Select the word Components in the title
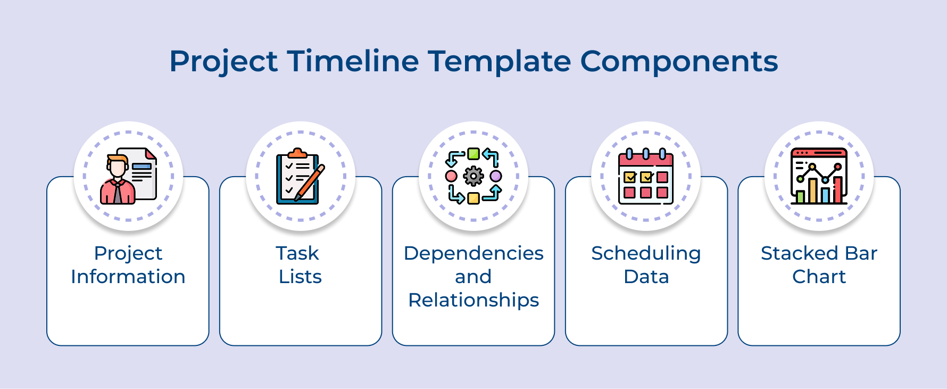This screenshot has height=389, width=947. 679,61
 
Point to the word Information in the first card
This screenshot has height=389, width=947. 128,277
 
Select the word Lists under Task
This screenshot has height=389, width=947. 300,277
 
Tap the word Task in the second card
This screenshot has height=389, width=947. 297,253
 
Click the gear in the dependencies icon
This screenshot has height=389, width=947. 473,176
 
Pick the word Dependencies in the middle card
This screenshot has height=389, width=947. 473,253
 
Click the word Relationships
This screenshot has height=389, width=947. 473,300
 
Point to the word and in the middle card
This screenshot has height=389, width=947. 473,277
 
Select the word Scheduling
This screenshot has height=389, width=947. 646,253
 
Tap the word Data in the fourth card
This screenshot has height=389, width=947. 646,277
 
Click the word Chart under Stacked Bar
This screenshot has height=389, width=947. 819,277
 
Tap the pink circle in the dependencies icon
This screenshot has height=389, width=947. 451,176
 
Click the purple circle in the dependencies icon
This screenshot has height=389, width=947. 496,176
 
